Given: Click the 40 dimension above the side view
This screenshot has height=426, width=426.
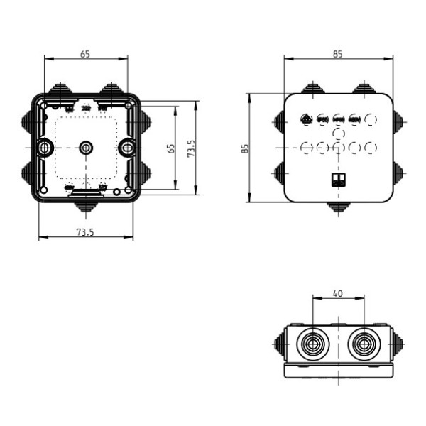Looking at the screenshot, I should tap(337, 293).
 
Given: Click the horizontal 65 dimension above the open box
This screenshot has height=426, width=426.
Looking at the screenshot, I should tap(84, 53).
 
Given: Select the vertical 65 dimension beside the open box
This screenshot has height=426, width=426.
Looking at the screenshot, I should tap(170, 148).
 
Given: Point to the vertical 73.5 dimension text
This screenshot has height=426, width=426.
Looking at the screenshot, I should tap(191, 148).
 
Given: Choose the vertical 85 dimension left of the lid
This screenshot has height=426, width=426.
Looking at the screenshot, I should tap(244, 148).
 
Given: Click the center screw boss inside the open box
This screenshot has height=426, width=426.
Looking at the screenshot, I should tap(86, 148).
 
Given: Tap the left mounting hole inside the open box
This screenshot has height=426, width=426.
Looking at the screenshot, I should tap(45, 148).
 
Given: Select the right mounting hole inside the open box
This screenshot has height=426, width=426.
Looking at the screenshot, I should tap(127, 148).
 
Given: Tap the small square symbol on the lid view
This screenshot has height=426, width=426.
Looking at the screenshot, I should tap(338, 179).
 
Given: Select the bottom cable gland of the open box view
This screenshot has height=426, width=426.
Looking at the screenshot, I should tap(87, 207).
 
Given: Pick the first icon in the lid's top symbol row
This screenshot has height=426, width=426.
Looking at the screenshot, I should tap(306, 120).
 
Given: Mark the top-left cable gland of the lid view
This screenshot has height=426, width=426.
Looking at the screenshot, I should tap(312, 89).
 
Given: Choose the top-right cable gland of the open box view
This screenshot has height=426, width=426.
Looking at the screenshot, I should tap(112, 89).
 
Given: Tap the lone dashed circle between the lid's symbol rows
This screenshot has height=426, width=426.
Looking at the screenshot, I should tap(339, 133).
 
